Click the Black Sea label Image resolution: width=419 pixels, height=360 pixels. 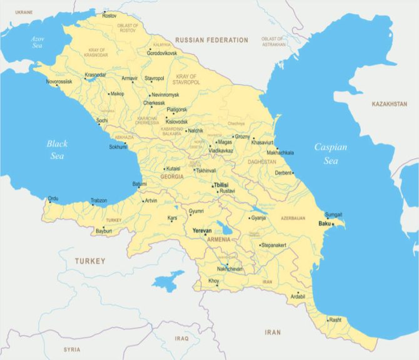coord(57,150)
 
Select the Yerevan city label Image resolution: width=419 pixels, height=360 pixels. coord(202,231)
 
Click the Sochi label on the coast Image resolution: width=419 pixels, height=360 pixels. coord(102,120)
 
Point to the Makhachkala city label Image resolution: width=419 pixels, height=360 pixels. coord(280,153)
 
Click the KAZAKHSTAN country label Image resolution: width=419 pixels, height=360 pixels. coord(389,103)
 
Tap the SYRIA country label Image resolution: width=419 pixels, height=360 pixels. coord(71,349)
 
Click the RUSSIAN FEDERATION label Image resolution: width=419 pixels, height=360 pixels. coord(211,40)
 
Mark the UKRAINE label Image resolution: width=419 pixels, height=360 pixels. coord(23,12)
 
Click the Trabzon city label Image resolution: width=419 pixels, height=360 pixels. coord(99,200)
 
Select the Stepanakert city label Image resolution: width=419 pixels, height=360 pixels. coord(274,245)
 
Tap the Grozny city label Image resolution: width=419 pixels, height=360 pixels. coord(242,136)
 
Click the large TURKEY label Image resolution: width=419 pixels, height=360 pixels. coord(90,260)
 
